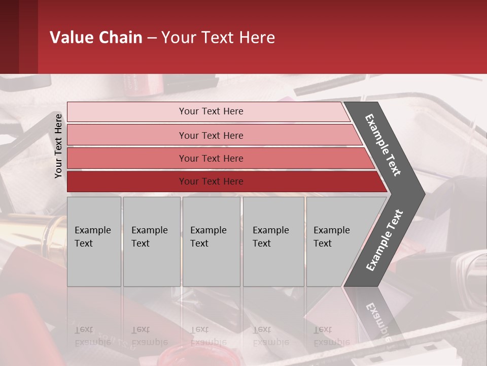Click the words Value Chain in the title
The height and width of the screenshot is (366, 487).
[x=96, y=38]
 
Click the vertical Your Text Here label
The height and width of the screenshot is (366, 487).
[x=58, y=146]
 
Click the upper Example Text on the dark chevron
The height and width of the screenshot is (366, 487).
[x=383, y=145]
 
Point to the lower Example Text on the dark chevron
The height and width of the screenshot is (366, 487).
[x=384, y=240]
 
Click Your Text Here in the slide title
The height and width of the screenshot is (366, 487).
[x=218, y=38]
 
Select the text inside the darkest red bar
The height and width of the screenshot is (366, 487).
[x=211, y=181]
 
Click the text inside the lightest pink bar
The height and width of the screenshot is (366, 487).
[x=211, y=111]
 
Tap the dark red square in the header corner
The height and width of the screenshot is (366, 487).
[x=19, y=37]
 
